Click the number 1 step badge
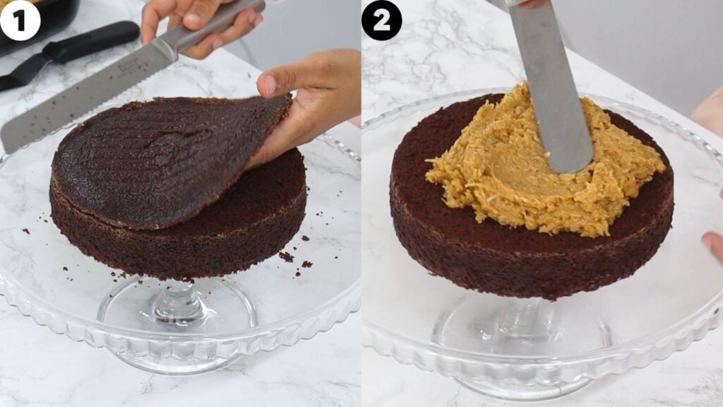point(20,20)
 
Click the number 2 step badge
point(381,20)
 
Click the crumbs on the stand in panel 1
point(289,258)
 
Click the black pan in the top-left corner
point(35,21)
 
